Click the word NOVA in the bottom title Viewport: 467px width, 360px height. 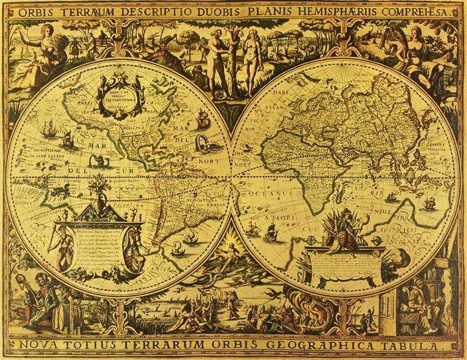click(52, 343)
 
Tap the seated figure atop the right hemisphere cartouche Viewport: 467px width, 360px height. click(343, 226)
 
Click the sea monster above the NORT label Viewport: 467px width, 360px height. click(197, 124)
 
